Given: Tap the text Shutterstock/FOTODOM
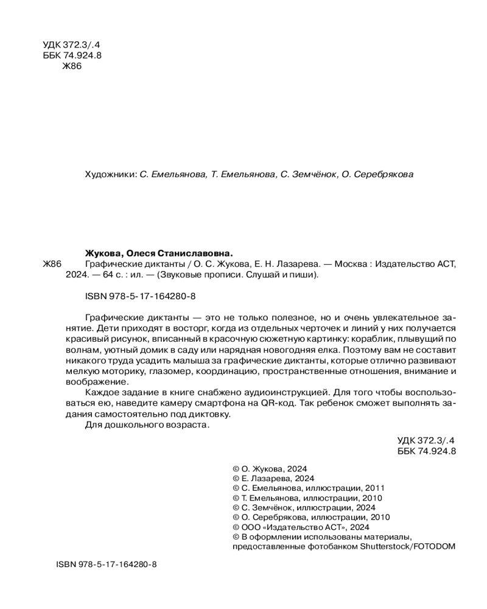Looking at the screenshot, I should tap(408, 546).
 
